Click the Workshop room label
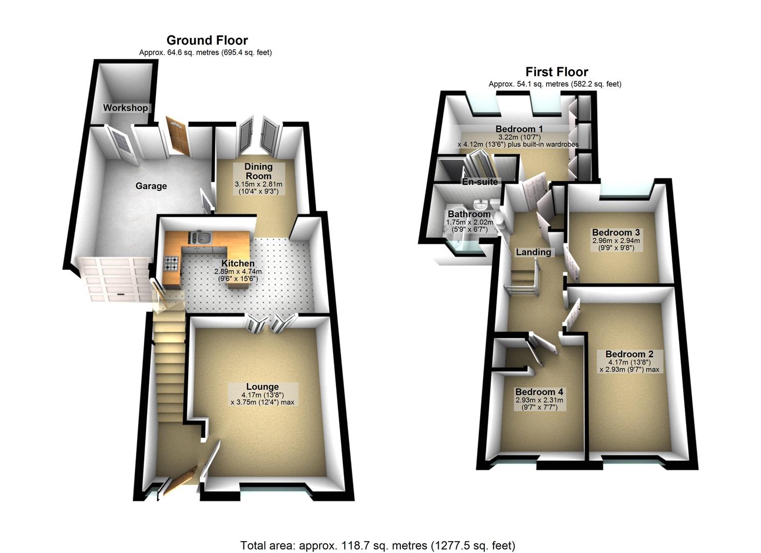coord(125,108)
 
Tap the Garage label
coord(151,186)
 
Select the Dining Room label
coord(258,171)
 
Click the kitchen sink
coord(203,238)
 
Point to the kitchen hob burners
coord(171,264)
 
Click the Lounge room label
coord(262,387)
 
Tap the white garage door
coord(116,280)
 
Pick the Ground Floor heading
coord(207,40)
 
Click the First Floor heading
coord(557,72)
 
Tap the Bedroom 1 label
coord(519,129)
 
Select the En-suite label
coord(480,182)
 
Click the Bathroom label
coord(469,214)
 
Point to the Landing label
coord(533,252)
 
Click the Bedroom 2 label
coord(629,354)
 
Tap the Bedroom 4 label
coord(539,392)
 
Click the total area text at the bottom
coord(378,545)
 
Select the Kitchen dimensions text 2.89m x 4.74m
coord(237,272)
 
